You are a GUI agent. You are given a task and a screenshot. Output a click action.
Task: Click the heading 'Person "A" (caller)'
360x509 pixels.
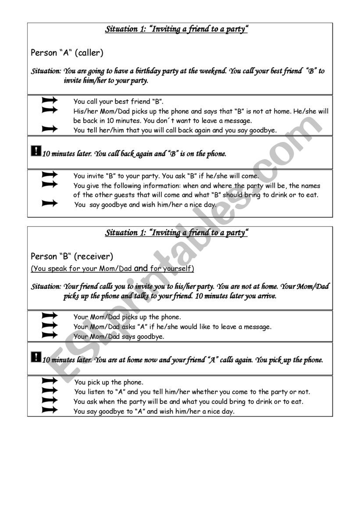(x=67, y=53)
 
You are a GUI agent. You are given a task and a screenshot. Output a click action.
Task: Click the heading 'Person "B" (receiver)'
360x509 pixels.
(x=72, y=256)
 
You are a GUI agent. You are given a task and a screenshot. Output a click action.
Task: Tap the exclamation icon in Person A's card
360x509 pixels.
(x=36, y=151)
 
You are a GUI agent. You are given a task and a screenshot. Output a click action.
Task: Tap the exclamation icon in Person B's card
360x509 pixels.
(x=36, y=357)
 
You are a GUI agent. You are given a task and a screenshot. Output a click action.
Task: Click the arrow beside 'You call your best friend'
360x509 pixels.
(x=50, y=100)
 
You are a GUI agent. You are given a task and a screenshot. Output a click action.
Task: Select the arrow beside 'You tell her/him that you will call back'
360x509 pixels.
(x=50, y=129)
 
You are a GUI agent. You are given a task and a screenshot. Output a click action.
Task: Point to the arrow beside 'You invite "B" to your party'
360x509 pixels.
(x=50, y=174)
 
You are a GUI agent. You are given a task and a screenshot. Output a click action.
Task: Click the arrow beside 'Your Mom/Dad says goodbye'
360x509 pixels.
(x=50, y=335)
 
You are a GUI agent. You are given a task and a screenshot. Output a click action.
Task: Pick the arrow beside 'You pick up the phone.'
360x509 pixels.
(x=50, y=381)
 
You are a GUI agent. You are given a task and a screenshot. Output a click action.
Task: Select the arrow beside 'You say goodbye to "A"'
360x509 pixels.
(x=50, y=410)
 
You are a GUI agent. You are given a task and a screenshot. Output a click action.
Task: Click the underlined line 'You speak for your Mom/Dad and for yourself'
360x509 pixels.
(x=113, y=268)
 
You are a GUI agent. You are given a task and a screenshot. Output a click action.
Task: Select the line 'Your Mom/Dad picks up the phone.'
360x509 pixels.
(x=127, y=317)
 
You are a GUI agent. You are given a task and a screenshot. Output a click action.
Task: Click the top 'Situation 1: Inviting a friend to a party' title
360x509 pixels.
(x=177, y=29)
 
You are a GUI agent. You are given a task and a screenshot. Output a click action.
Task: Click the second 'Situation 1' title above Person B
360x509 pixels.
(x=177, y=233)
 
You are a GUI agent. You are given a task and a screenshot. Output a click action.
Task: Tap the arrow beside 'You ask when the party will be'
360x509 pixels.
(x=50, y=400)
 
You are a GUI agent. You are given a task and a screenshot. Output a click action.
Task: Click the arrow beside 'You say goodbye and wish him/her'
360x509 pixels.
(x=50, y=203)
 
